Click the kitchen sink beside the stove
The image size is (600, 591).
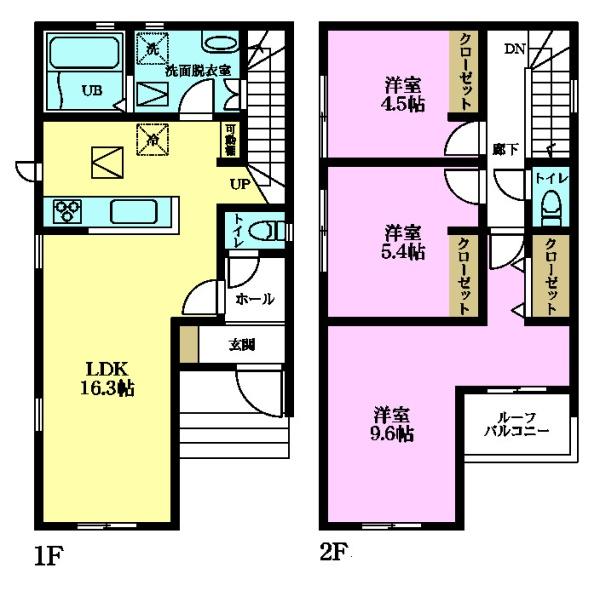point(131,211)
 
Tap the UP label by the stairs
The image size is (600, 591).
point(240,184)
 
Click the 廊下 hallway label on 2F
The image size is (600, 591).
point(504,149)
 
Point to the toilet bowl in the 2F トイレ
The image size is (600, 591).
point(549,211)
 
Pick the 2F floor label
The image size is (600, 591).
point(334,552)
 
